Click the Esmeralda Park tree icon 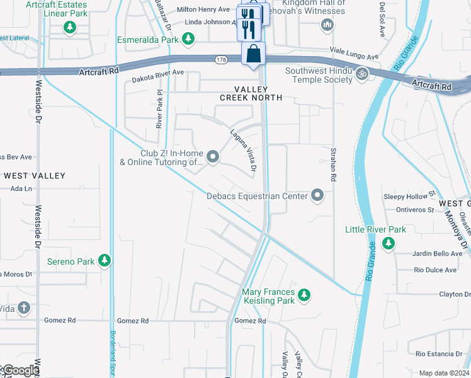click(x=188, y=40)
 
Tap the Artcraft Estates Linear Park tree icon click(x=69, y=27)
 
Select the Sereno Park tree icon click(x=104, y=260)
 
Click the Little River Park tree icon click(x=389, y=243)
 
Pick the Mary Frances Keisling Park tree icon click(x=304, y=294)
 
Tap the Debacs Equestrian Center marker click(x=318, y=195)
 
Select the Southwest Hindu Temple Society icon click(x=361, y=74)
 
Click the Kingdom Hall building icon click(x=326, y=25)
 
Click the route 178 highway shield click(x=220, y=59)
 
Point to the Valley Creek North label click(x=251, y=93)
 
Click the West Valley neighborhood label click(x=34, y=175)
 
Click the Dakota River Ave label click(x=157, y=72)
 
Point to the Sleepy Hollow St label click(x=410, y=196)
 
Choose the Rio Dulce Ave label click(x=434, y=270)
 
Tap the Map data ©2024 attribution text click(x=444, y=373)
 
